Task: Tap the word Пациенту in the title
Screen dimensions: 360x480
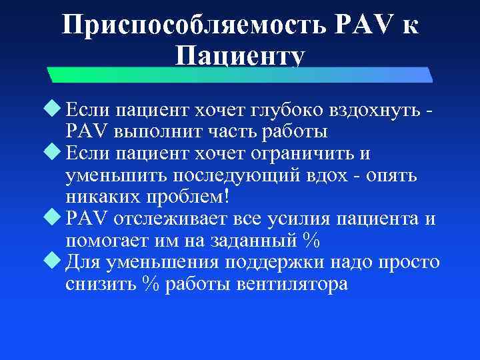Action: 240,56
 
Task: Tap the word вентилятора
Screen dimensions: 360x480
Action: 291,284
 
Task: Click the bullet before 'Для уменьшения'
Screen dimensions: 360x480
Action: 57,261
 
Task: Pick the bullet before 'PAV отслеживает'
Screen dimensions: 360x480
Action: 57,219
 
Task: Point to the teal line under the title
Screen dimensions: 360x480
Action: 240,73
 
